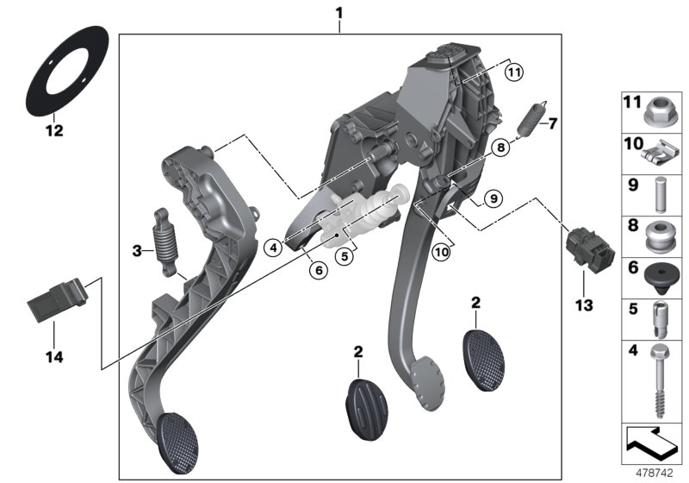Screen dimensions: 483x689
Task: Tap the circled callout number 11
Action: coord(514,72)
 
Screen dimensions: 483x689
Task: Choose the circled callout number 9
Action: coord(491,198)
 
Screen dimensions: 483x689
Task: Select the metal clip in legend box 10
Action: coord(661,154)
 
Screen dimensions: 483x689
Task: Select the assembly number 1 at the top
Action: coord(339,13)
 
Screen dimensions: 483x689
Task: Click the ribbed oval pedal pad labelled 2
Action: coord(359,403)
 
